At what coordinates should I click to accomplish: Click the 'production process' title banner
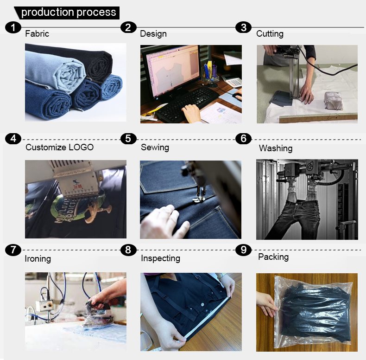(67, 13)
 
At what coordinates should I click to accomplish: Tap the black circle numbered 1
(13, 27)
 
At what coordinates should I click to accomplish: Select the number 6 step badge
(243, 139)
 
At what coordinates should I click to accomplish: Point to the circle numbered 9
(243, 250)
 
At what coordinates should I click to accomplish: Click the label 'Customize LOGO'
(59, 147)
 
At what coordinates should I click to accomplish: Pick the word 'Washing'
(276, 148)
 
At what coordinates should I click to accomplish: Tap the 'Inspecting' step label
(161, 258)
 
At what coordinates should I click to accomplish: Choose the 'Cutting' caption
(270, 34)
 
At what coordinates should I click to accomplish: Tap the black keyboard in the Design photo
(187, 103)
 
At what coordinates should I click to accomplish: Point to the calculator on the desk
(232, 80)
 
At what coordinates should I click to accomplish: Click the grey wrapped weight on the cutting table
(333, 101)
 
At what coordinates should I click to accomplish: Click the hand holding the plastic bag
(267, 304)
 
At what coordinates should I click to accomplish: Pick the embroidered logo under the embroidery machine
(77, 211)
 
